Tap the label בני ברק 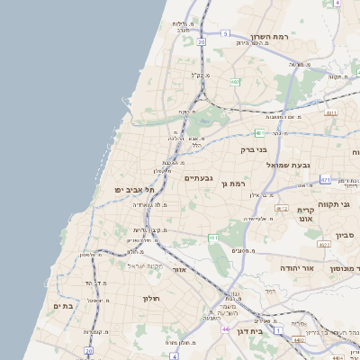[x=256, y=151]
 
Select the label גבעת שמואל [x=288, y=166]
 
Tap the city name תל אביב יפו [x=135, y=190]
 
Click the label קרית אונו [x=305, y=214]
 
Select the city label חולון [x=149, y=298]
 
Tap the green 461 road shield [x=213, y=238]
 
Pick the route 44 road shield [x=223, y=329]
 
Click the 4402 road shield [x=298, y=340]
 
